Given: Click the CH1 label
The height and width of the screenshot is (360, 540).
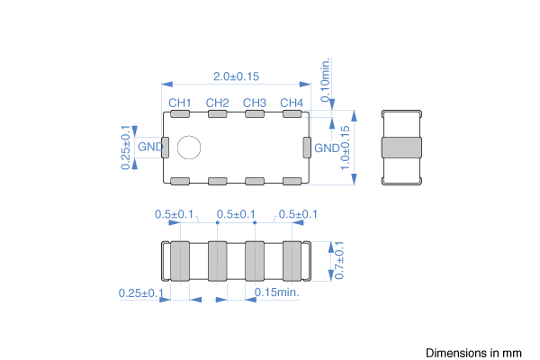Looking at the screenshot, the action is point(179,103).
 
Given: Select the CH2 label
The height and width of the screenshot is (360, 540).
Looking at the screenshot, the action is point(217,103).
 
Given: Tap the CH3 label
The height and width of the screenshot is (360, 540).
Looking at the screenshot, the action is point(255,103).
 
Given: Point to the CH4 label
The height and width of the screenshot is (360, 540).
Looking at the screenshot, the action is point(292,103).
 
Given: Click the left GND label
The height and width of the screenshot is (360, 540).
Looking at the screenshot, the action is point(150,147).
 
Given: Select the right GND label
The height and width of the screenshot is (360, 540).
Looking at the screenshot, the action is point(327,148).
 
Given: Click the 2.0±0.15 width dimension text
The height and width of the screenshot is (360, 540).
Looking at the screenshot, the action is point(236,76).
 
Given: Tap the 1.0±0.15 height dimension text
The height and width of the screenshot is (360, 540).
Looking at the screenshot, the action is point(345,148).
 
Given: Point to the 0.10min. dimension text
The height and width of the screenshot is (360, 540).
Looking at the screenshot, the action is point(325,80).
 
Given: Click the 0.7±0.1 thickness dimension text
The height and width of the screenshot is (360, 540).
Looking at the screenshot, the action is point(339,260).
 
